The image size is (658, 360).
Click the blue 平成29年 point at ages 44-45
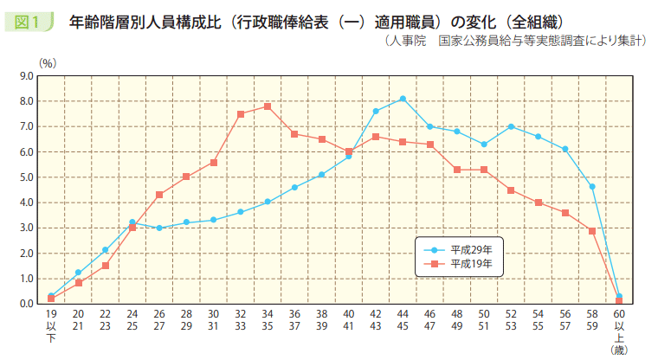tap(403, 99)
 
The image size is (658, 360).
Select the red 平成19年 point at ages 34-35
tap(268, 106)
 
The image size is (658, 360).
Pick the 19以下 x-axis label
tap(51, 324)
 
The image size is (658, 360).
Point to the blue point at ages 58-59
tap(592, 187)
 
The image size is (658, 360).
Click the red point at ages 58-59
tap(592, 231)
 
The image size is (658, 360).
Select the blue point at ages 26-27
tap(159, 228)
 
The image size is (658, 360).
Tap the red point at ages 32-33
tap(241, 114)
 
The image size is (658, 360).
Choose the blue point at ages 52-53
tap(511, 126)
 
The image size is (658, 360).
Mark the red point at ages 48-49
tap(457, 170)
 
